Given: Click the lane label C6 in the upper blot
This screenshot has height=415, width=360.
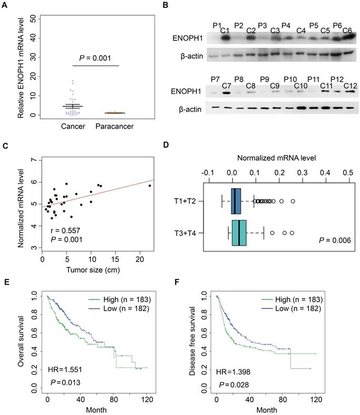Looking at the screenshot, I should coord(347,30).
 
